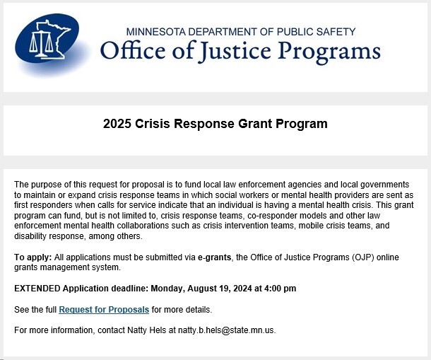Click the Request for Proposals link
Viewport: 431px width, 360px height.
(104, 310)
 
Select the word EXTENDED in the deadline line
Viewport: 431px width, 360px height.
(37, 289)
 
